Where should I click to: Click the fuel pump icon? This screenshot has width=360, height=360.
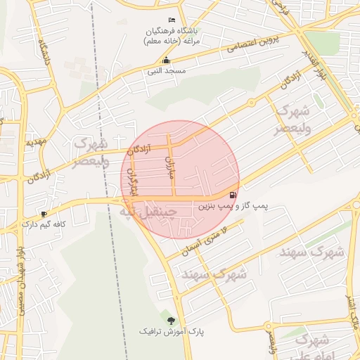click(x=233, y=195)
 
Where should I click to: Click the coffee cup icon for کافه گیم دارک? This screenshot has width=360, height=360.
click(x=44, y=214)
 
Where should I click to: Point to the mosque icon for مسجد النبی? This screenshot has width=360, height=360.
click(x=166, y=60)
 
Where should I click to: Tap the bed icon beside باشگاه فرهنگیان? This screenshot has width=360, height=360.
click(x=173, y=20)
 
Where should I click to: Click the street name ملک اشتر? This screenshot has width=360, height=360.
click(x=348, y=310)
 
